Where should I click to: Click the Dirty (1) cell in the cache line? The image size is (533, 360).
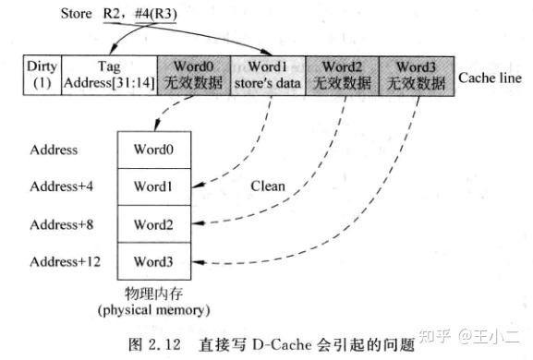click(42, 75)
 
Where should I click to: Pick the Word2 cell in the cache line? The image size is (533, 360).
click(340, 75)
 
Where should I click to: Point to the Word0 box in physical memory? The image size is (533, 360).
click(153, 150)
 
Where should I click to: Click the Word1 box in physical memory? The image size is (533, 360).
click(153, 186)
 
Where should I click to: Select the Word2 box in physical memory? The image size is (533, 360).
click(153, 224)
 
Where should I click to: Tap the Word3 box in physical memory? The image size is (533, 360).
click(153, 262)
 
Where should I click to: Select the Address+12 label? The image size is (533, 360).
click(64, 262)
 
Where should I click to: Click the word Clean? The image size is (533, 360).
click(268, 186)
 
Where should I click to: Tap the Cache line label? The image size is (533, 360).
click(488, 76)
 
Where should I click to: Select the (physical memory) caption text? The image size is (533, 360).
click(153, 308)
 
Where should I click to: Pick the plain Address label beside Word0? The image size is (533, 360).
click(54, 150)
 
